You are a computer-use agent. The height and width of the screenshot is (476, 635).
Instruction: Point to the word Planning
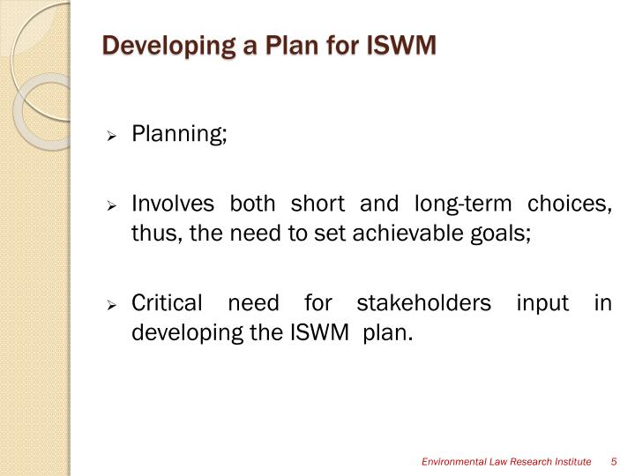[x=179, y=135]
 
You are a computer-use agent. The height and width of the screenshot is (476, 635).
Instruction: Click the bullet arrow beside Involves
[x=112, y=206]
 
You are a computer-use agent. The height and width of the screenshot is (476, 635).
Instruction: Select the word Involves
[x=173, y=205]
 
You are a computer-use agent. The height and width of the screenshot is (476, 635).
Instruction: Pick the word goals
[x=506, y=234]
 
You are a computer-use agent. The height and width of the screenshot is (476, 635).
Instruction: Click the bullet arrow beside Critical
[x=112, y=306]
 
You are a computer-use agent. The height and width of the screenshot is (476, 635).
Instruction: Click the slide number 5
[x=612, y=462]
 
